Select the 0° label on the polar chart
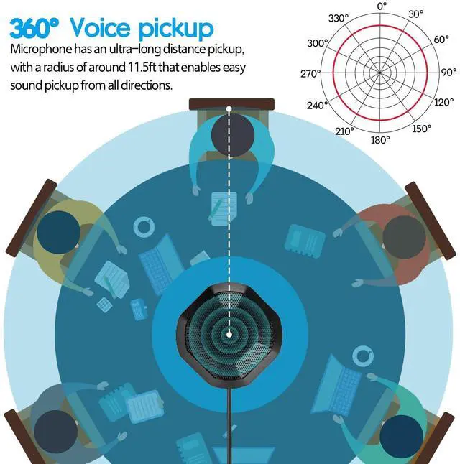coord(382,6)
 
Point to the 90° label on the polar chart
coord(448,73)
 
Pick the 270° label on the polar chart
coord(310,73)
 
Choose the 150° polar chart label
coord(421,129)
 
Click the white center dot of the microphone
coord(229,333)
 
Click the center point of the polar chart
coord(382,73)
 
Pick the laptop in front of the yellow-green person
coord(160,261)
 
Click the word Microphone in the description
coord(45,50)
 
